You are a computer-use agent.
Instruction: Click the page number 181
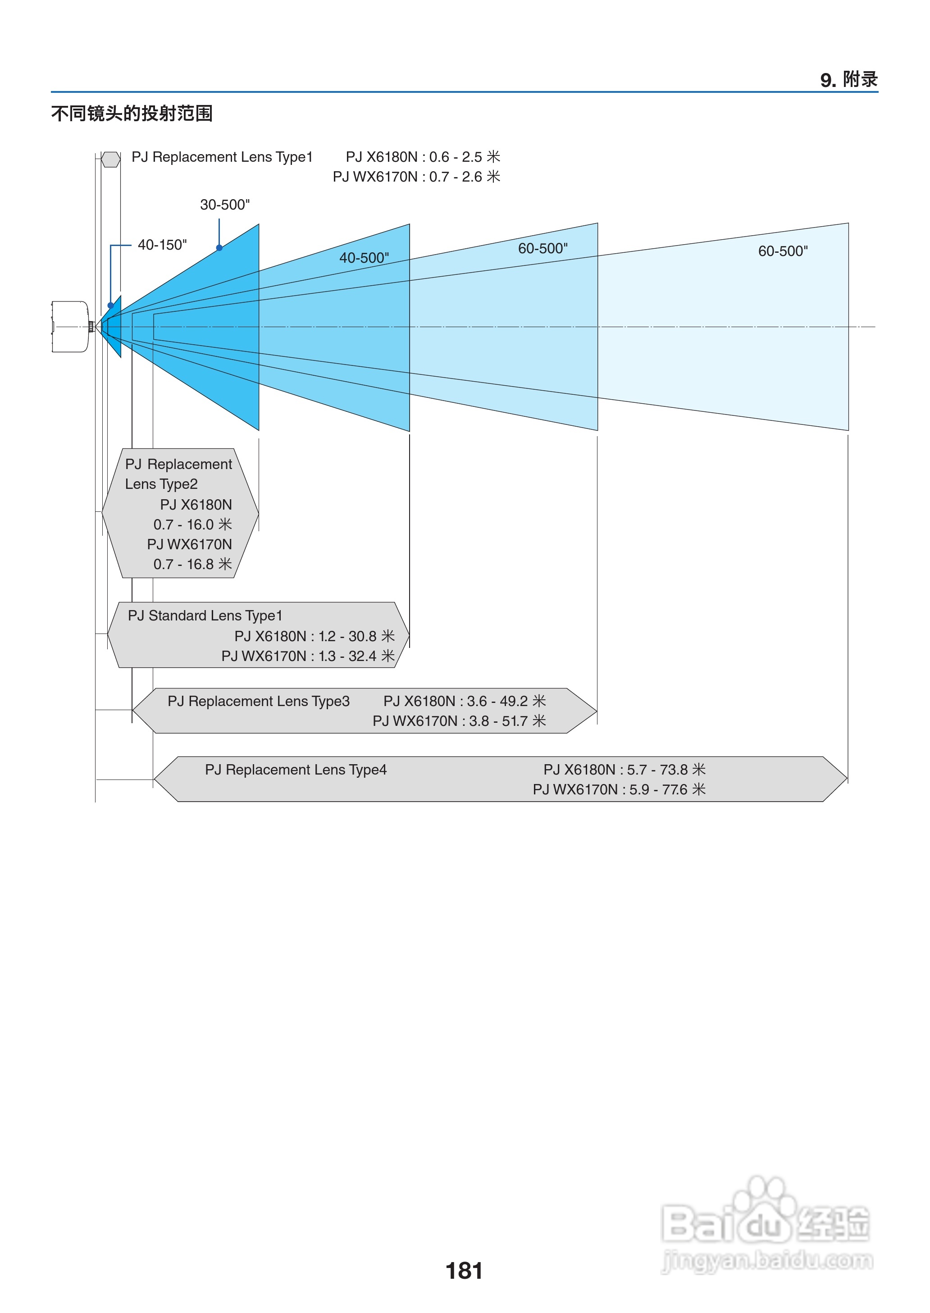click(x=464, y=1271)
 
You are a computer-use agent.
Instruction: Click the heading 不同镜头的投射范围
click(x=132, y=114)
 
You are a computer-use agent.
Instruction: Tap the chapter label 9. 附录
click(x=849, y=80)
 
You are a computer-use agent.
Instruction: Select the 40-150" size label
click(x=162, y=245)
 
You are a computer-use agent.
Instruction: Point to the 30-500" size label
click(x=224, y=205)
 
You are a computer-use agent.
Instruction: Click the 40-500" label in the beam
click(x=364, y=258)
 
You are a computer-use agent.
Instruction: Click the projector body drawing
click(x=70, y=326)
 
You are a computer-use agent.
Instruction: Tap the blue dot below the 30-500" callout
click(x=219, y=248)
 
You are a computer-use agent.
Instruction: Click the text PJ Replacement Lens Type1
click(x=222, y=157)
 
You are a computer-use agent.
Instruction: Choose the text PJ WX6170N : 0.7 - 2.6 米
click(x=416, y=177)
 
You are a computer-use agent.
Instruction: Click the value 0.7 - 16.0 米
click(x=192, y=524)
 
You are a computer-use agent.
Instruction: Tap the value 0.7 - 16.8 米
click(x=192, y=564)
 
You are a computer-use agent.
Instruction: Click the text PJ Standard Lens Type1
click(x=205, y=615)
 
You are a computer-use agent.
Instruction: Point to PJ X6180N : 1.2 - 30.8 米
click(x=315, y=636)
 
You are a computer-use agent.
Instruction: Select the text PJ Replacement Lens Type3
click(x=258, y=702)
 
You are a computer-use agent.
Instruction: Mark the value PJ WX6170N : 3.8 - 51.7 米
click(x=459, y=721)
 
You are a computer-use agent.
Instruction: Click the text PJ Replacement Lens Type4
click(x=296, y=770)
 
